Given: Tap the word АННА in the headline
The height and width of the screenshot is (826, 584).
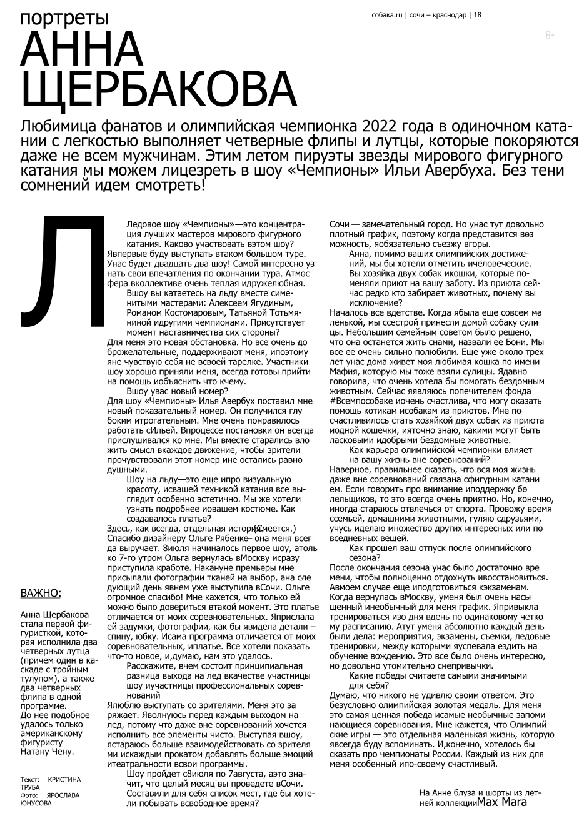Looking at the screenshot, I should coord(82,51).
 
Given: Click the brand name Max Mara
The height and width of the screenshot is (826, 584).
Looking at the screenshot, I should coord(501,802).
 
